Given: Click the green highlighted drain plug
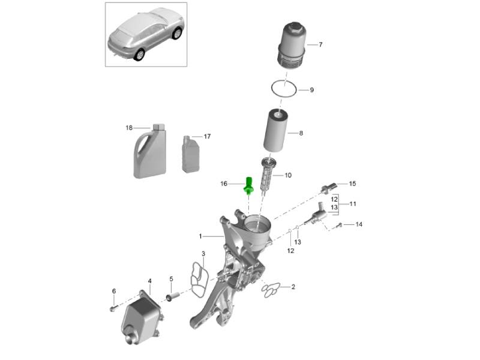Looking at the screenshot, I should pyautogui.click(x=248, y=187).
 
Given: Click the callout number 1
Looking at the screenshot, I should pyautogui.click(x=201, y=236).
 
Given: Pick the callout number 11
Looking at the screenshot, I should pyautogui.click(x=353, y=204).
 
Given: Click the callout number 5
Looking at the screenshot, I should pyautogui.click(x=170, y=279).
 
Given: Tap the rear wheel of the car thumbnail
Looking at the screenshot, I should pyautogui.click(x=139, y=54).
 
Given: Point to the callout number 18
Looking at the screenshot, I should pyautogui.click(x=129, y=128).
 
